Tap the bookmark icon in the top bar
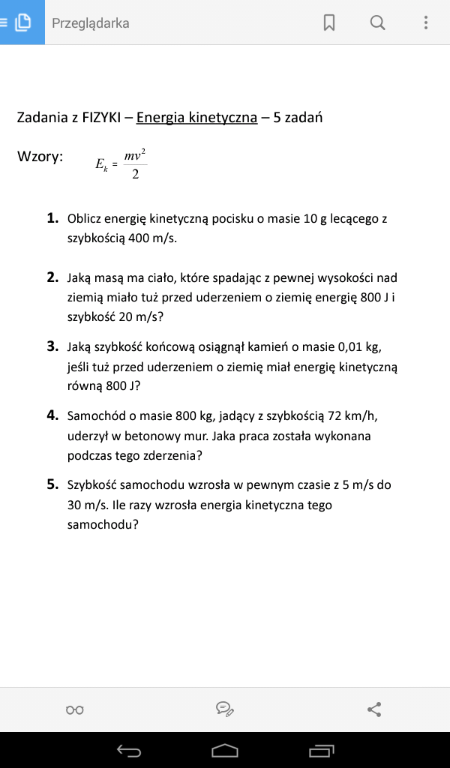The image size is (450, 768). tap(328, 23)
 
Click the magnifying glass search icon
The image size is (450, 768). tap(377, 23)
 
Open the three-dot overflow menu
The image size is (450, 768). tap(426, 23)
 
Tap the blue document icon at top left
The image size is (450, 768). tap(22, 22)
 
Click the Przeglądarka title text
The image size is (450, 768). tap(90, 23)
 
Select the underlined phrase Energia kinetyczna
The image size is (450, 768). tap(196, 118)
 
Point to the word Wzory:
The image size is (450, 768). tap(40, 157)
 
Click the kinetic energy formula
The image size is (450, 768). tap(121, 163)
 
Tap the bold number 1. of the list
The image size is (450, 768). tap(52, 218)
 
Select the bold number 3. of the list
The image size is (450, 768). tap(52, 346)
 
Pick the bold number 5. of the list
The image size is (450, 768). tap(52, 484)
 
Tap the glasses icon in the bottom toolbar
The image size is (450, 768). tap(75, 709)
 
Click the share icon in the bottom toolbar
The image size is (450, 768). tap(375, 709)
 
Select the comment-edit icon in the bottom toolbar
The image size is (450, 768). tap(224, 709)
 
